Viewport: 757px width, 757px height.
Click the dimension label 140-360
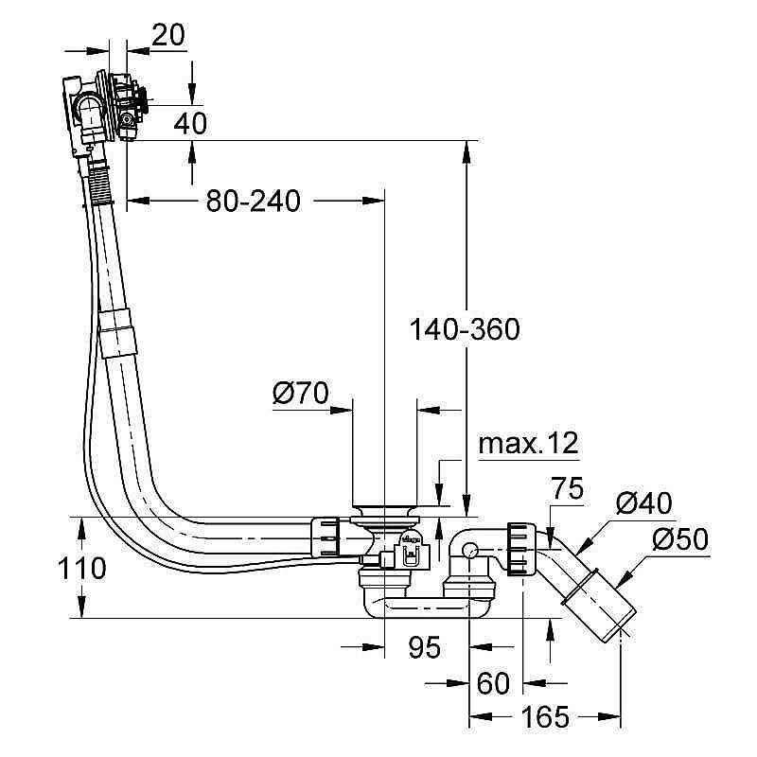(465, 329)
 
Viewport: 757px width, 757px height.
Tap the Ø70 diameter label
(300, 393)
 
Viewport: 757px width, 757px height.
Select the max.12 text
(528, 443)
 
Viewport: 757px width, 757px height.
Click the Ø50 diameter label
(679, 540)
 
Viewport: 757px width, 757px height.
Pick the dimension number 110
(79, 569)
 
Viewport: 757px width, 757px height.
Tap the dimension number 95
(425, 647)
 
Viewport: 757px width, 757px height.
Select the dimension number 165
(546, 717)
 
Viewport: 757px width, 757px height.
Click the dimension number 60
(493, 682)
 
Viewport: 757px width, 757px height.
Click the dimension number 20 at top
(167, 35)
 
